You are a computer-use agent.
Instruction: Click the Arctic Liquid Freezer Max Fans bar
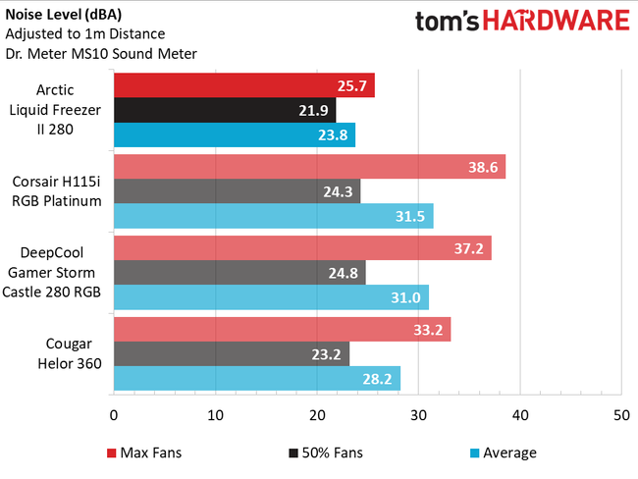tap(243, 86)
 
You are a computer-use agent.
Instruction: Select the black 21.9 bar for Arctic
tap(224, 111)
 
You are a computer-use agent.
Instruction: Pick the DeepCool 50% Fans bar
tap(239, 272)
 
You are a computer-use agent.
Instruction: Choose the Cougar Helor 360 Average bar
tap(256, 379)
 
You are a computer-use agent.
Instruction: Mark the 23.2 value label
tap(330, 353)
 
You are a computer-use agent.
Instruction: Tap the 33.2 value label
tap(430, 329)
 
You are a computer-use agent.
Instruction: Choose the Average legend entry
tap(504, 452)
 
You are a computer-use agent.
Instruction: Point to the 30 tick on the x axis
tap(418, 415)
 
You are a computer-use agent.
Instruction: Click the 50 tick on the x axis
tap(620, 415)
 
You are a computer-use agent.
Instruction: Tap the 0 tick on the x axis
tap(114, 415)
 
